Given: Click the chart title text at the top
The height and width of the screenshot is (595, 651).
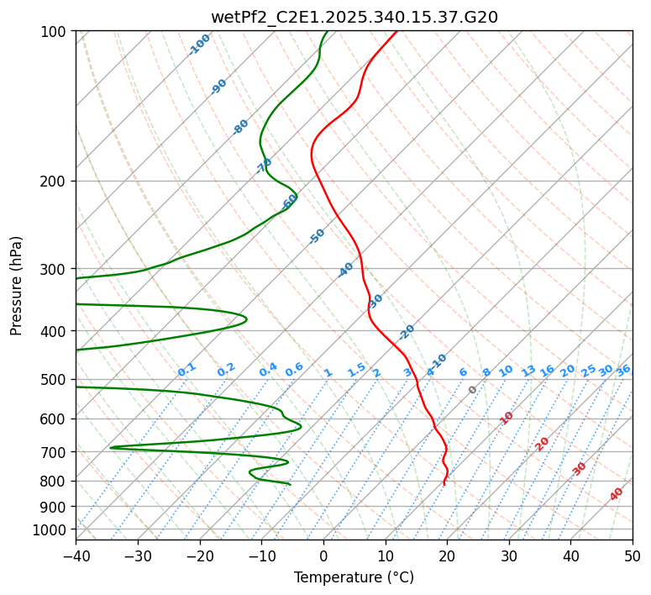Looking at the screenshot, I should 354,17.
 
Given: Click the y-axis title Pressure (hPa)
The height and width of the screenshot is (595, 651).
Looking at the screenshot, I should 17,285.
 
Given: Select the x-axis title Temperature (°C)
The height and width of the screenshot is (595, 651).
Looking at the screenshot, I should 354,577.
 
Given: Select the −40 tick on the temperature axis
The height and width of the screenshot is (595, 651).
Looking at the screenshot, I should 76,556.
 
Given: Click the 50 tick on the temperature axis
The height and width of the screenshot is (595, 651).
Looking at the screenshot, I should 633,556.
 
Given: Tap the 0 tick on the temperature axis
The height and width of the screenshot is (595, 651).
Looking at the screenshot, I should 323,556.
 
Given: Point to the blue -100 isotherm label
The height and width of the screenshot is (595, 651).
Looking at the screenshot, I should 199,45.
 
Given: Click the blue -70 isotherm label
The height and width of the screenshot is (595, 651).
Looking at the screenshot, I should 264,166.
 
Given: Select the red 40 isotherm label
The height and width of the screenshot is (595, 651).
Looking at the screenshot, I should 617,494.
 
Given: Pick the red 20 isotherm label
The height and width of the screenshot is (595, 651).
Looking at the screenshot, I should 543,444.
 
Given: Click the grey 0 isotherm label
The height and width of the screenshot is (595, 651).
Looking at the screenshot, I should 473,390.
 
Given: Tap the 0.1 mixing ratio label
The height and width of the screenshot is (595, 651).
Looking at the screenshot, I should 186,370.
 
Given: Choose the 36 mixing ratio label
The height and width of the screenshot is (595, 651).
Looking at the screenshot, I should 623,370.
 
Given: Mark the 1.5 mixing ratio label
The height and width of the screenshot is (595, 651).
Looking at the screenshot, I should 356,370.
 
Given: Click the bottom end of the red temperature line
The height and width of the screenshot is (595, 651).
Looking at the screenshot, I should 444,485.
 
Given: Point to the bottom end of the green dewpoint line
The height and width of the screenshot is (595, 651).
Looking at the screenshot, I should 291,485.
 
